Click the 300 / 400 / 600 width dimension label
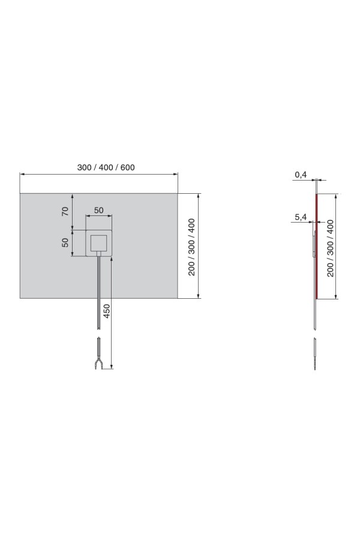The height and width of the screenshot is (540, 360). pos(106,168)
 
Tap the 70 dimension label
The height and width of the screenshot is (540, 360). pos(65,211)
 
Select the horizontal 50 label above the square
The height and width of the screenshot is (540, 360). pos(99,210)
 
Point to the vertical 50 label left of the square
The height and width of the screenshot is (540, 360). pos(65,242)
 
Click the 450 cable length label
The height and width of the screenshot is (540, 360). pos(107,311)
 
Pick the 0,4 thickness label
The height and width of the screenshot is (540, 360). pos(301,175)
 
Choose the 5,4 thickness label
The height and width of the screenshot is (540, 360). pos(301,218)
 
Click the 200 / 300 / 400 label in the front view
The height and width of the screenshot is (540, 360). pos(191,247)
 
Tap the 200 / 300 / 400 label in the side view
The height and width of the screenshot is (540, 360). pos(331,248)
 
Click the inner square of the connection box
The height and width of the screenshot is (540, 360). pos(99,243)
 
